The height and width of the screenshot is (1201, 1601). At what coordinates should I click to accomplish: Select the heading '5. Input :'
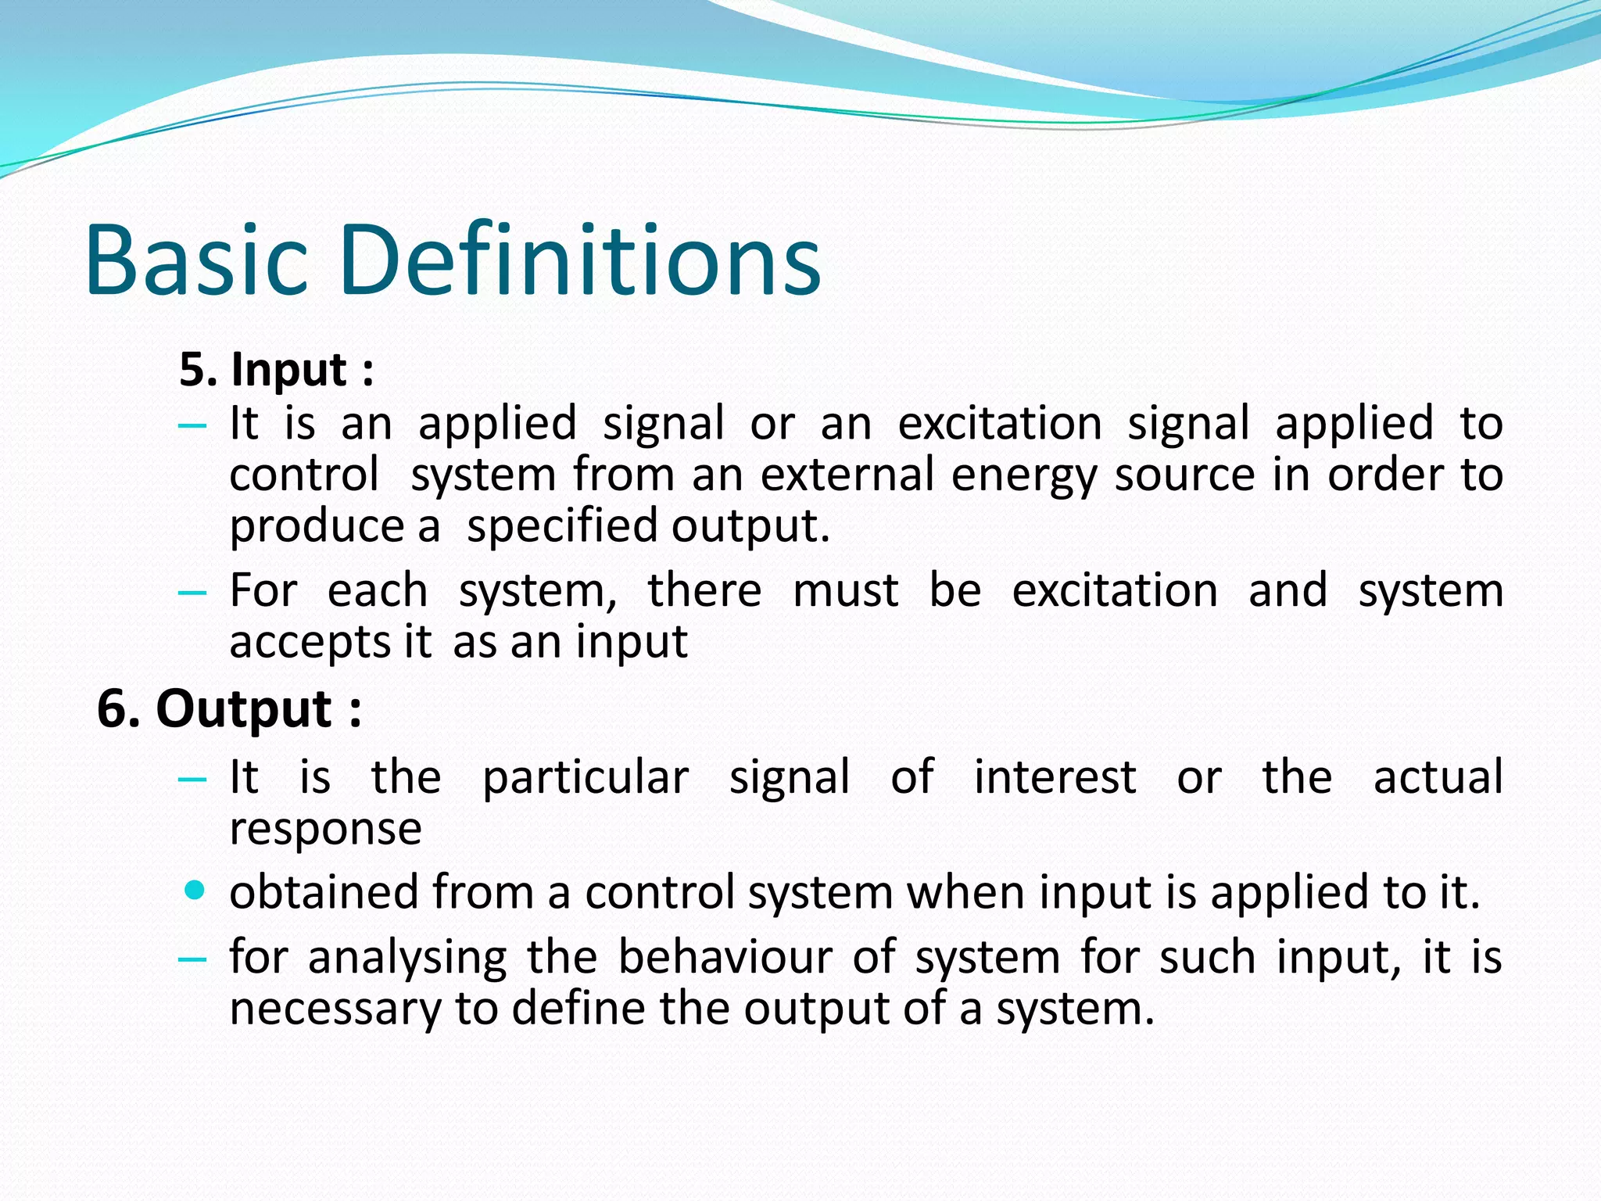(x=276, y=370)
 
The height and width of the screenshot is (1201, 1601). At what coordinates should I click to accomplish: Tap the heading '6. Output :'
(x=229, y=709)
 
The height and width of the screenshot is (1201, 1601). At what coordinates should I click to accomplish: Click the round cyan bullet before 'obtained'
(x=195, y=890)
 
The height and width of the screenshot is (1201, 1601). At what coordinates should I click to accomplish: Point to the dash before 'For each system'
(x=192, y=593)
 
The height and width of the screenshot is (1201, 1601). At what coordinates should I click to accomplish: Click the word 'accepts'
(x=309, y=644)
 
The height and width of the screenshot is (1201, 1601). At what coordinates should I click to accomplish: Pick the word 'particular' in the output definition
(x=586, y=779)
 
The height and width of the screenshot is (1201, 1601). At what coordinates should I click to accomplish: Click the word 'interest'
(x=1055, y=778)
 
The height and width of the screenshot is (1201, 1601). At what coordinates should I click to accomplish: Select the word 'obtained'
(x=324, y=892)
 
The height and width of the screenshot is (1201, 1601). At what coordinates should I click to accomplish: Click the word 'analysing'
(x=407, y=959)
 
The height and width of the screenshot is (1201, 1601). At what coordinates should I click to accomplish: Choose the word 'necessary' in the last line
(x=335, y=1009)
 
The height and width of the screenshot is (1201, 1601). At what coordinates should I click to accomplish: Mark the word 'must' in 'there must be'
(x=845, y=591)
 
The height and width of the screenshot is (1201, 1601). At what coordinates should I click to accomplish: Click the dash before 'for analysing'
(x=192, y=959)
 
